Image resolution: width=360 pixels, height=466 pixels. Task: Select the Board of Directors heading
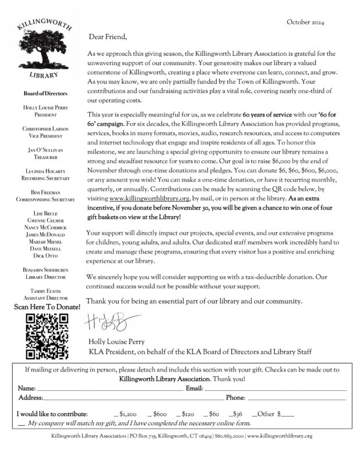pos(45,93)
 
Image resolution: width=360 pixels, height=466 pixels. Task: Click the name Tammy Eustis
pos(45,290)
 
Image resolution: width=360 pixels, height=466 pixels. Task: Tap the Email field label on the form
pos(193,387)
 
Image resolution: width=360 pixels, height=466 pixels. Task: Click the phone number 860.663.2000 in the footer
pos(229,436)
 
